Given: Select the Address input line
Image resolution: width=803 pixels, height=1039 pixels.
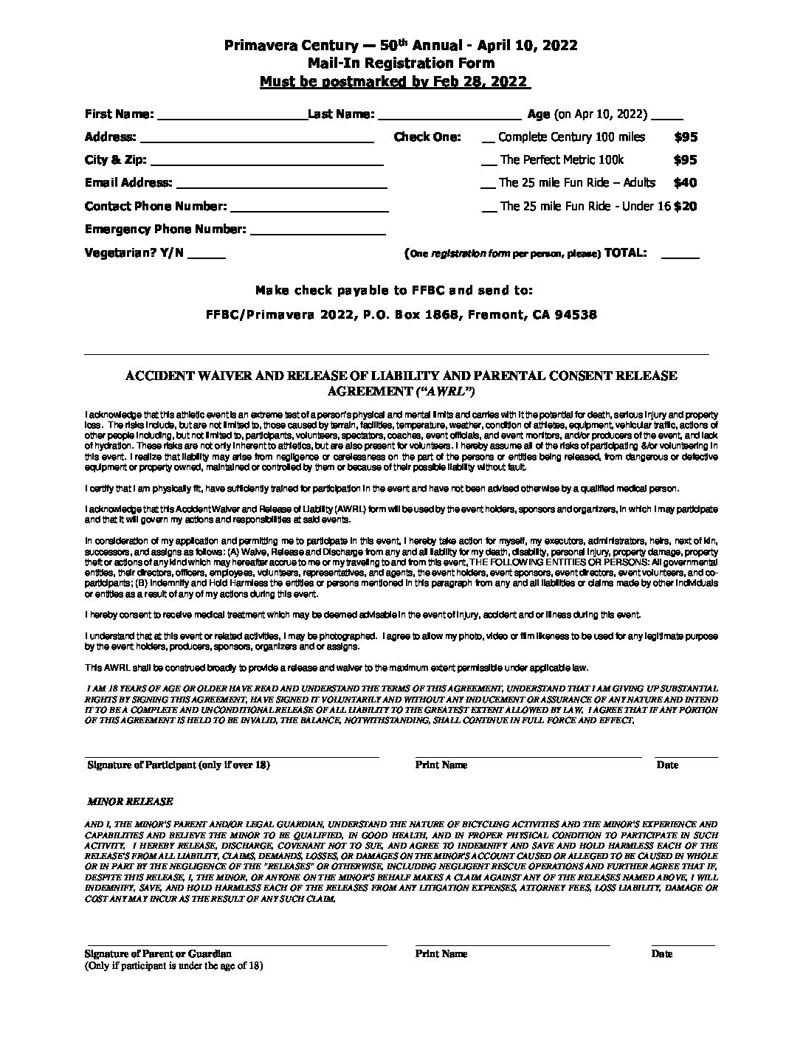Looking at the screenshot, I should [x=257, y=138].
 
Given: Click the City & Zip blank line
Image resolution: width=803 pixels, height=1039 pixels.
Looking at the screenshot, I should [x=266, y=161].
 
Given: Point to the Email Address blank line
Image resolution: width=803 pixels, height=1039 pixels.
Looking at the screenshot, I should [x=281, y=184].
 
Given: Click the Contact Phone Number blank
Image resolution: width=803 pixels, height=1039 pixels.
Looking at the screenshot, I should [x=309, y=207].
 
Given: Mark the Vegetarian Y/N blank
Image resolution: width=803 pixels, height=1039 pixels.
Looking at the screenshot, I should [x=207, y=254].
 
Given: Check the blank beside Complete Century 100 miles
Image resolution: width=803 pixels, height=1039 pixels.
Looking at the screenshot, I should [x=488, y=139].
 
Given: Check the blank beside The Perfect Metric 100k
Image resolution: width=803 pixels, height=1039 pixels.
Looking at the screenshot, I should [x=489, y=162].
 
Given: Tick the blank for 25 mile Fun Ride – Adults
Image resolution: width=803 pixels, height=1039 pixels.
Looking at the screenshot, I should [x=488, y=184].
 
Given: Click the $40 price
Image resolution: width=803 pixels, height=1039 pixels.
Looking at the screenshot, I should [x=685, y=182].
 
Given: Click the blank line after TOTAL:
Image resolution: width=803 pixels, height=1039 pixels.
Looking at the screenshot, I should [x=680, y=255].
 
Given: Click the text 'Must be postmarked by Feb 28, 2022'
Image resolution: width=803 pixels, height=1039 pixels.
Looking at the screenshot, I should [x=394, y=81].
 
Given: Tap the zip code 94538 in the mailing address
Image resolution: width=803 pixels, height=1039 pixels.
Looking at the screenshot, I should [x=576, y=314].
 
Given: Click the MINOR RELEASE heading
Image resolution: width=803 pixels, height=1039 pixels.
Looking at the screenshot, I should [x=130, y=801].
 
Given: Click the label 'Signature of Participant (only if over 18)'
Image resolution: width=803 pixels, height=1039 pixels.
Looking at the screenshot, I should [x=179, y=764].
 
